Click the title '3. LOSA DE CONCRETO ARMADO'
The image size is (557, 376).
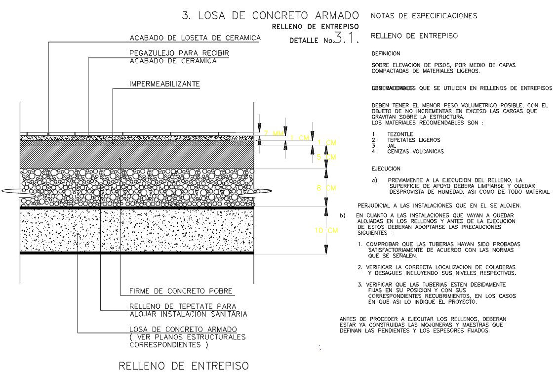pyautogui.click(x=271, y=15)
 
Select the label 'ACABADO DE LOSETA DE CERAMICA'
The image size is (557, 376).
pyautogui.click(x=195, y=38)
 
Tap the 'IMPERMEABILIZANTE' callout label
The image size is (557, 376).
pyautogui.click(x=164, y=84)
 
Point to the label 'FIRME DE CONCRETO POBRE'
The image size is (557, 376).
pyautogui.click(x=181, y=291)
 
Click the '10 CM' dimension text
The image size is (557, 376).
pyautogui.click(x=327, y=231)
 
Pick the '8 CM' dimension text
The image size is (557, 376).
pyautogui.click(x=326, y=188)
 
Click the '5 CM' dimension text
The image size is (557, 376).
pyautogui.click(x=326, y=157)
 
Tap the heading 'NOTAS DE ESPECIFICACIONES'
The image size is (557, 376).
pyautogui.click(x=424, y=16)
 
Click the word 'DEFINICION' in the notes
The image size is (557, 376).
pyautogui.click(x=386, y=53)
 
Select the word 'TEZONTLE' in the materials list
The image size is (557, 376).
pyautogui.click(x=400, y=134)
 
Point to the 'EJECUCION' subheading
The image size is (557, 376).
pyautogui.click(x=386, y=168)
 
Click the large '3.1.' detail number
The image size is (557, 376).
pyautogui.click(x=346, y=38)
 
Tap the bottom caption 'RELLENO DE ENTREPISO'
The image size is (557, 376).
pyautogui.click(x=184, y=366)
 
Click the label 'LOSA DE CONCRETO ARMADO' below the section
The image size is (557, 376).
pyautogui.click(x=183, y=329)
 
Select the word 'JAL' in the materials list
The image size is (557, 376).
pyautogui.click(x=392, y=146)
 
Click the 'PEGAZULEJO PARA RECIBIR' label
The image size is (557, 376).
pyautogui.click(x=179, y=53)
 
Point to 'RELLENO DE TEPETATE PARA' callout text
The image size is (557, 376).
pyautogui.click(x=182, y=307)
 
